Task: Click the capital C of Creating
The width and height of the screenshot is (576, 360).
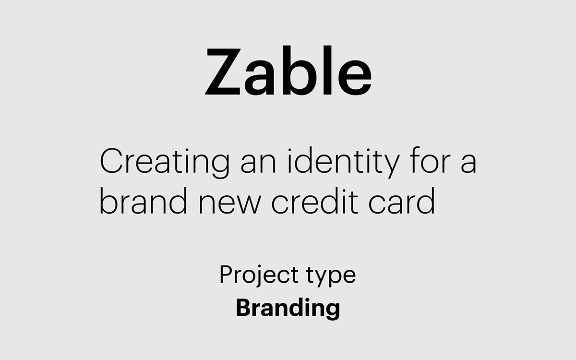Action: (111, 162)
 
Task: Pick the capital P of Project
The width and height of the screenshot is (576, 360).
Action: (225, 274)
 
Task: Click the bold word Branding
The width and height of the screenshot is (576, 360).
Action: (288, 308)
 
